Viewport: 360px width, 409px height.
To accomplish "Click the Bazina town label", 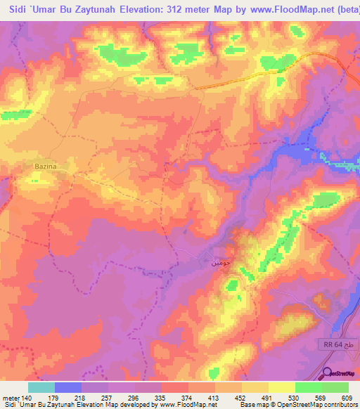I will tap(45, 166).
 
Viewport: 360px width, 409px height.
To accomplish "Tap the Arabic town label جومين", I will tap(221, 263).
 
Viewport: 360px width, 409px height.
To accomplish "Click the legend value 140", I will tap(26, 397).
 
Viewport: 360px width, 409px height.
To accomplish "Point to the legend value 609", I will tap(350, 397).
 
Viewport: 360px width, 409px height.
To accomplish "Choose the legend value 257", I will tap(108, 397).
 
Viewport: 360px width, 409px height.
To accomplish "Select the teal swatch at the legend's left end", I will tap(41, 387).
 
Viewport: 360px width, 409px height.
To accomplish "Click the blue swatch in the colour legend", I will tap(67, 387).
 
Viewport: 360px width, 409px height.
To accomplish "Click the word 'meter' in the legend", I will tap(10, 397).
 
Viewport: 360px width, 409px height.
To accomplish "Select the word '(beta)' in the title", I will tap(340, 11).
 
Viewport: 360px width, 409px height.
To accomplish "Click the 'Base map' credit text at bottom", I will tap(253, 405).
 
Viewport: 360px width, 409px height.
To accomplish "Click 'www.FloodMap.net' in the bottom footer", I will tap(191, 405).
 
